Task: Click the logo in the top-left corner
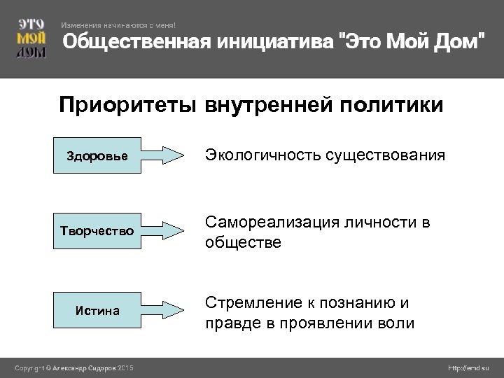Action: click(x=31, y=38)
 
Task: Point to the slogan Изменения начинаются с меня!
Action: click(x=123, y=25)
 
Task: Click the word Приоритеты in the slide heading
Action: click(x=129, y=106)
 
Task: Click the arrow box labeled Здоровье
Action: click(x=119, y=155)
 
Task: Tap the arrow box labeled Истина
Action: click(x=119, y=311)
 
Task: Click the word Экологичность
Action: click(x=262, y=155)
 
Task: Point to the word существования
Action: click(x=384, y=155)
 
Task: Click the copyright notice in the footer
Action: click(x=76, y=368)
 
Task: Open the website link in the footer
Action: click(x=468, y=368)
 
